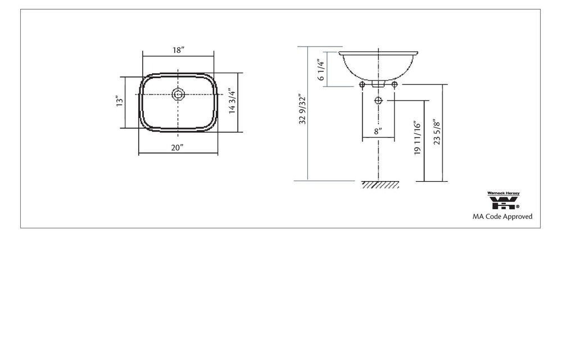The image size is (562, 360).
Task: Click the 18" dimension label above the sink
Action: [178, 50]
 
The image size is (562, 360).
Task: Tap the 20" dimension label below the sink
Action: [178, 147]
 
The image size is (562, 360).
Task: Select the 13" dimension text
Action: [119, 102]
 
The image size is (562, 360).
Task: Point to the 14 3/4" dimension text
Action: [233, 101]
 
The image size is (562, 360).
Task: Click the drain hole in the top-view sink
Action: [178, 94]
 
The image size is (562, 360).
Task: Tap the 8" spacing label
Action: [378, 131]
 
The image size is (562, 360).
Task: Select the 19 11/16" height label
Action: [417, 138]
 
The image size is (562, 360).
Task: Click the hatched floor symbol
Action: [377, 184]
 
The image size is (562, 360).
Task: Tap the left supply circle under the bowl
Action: [362, 84]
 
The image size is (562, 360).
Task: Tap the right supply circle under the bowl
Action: [395, 84]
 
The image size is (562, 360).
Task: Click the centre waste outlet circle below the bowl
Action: [378, 101]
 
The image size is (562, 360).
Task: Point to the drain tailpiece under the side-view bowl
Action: [378, 84]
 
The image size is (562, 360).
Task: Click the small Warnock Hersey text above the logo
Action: [503, 193]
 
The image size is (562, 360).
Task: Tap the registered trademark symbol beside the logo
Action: [518, 206]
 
